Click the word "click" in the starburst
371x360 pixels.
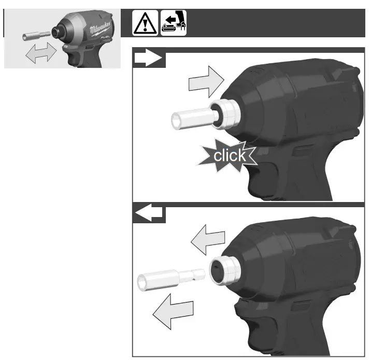coord(230,155)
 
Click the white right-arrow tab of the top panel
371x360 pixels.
coord(149,60)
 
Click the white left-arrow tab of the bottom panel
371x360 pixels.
coord(149,214)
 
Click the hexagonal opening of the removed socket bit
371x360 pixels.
coord(142,282)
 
